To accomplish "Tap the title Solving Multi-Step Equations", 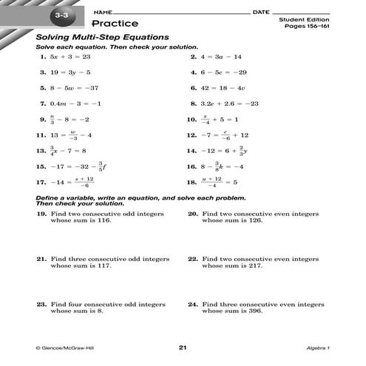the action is pos(104,37).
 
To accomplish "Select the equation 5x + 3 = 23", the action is pos(70,56).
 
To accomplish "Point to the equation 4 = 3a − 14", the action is pos(221,56).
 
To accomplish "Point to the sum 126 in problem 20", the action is pos(254,220).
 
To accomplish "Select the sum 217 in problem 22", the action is pos(254,266).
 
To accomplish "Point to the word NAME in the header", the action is pos(104,13).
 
